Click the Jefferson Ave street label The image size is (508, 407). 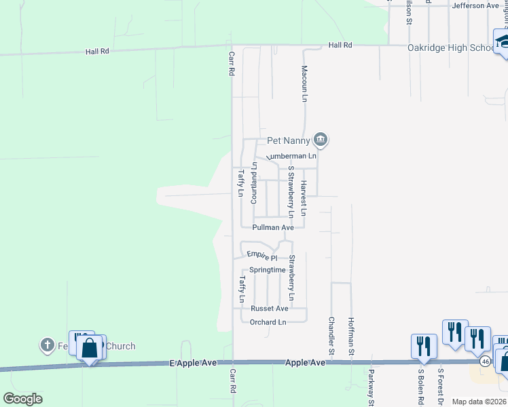476,6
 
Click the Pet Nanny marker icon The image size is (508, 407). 321,141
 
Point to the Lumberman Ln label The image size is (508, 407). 293,156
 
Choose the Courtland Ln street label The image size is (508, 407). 254,184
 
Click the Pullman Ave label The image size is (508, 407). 272,229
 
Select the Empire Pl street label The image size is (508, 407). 262,257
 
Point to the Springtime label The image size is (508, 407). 268,270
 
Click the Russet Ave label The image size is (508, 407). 270,308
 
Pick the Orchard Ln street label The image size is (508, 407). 268,322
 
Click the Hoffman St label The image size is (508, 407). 351,336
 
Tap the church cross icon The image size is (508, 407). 47,345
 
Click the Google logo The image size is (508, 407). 22,399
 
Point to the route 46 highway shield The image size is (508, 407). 485,362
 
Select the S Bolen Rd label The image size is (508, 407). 421,387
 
